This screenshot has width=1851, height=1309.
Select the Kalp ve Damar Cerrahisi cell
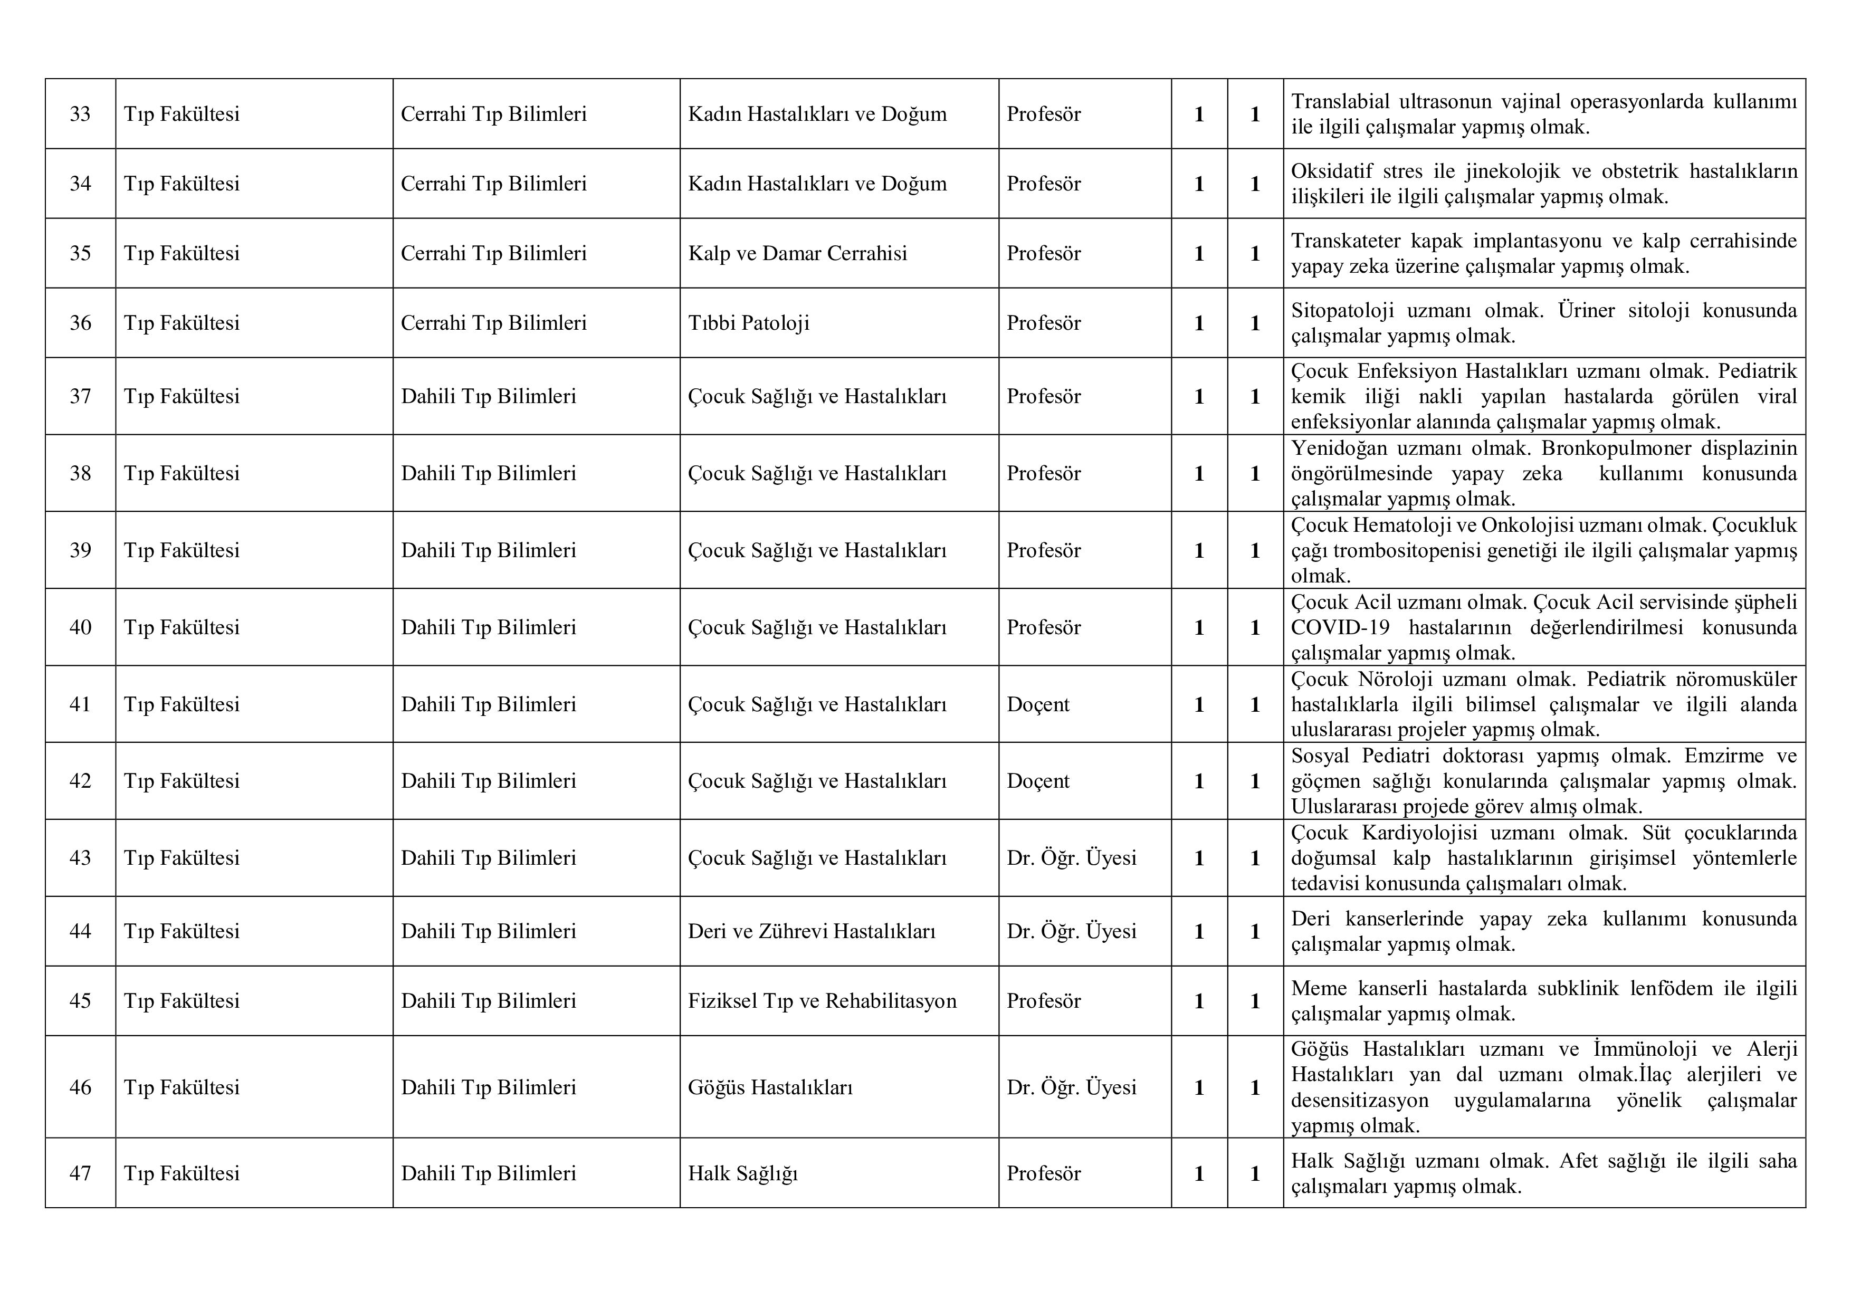click(x=797, y=254)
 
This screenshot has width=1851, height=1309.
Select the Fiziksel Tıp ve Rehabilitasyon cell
click(x=822, y=1001)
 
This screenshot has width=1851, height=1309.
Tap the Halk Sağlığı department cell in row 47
click(x=742, y=1173)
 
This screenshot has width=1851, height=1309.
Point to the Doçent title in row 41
click(x=1037, y=704)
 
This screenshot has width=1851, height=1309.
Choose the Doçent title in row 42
click(x=1037, y=781)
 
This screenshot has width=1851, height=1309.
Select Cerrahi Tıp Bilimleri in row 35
click(x=493, y=254)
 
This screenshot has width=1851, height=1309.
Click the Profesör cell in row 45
click(x=1043, y=1001)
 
